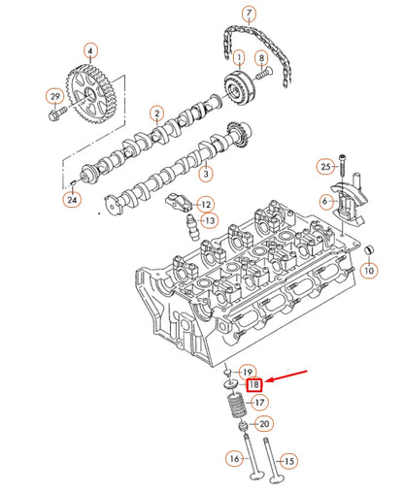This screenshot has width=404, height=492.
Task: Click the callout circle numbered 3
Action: coord(205,174)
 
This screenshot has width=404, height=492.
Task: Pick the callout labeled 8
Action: coord(261,58)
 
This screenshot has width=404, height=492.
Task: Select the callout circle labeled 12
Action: coord(205,204)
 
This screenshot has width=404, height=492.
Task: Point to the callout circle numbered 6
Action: coord(327,200)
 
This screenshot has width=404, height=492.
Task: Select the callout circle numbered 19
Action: coord(248,372)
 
